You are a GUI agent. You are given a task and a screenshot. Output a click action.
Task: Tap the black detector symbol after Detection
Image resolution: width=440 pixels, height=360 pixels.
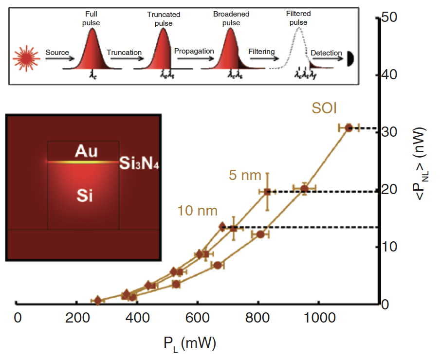click(349, 60)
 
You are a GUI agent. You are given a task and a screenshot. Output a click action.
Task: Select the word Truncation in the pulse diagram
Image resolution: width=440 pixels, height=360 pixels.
click(124, 53)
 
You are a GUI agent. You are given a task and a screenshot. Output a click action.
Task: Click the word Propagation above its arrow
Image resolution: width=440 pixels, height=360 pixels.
click(194, 51)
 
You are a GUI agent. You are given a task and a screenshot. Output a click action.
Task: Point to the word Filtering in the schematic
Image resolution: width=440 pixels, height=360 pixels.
click(261, 52)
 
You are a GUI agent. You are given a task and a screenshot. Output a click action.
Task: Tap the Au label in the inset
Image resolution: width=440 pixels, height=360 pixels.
click(86, 152)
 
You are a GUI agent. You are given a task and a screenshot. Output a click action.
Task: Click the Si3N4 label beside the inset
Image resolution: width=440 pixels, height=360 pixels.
click(140, 164)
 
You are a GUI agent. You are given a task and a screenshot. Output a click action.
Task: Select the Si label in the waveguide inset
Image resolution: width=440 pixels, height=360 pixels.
click(85, 196)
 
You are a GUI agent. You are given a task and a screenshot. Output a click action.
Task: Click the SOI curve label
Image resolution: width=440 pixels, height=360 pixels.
click(324, 108)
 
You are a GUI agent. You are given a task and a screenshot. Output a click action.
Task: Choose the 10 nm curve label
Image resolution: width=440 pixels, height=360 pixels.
click(198, 211)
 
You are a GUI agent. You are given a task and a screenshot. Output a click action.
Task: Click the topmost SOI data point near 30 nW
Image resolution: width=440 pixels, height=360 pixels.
click(348, 128)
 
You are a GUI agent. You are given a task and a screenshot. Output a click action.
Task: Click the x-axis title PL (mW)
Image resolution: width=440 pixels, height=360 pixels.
click(189, 343)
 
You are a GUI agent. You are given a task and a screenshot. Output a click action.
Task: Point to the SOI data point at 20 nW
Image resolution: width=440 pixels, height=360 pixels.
click(304, 188)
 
